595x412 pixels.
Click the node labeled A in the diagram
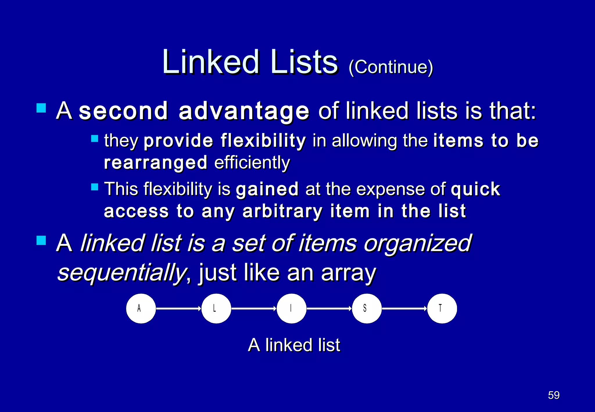(141, 308)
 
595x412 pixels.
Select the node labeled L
(216, 308)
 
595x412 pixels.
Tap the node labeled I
(291, 308)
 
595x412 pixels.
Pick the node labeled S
(367, 308)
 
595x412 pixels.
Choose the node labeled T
(442, 308)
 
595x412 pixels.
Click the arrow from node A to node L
(178, 308)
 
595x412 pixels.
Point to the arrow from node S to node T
(404, 308)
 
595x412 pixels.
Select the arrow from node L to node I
(254, 308)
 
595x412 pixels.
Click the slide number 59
(553, 395)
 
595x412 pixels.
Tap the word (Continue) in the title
(390, 67)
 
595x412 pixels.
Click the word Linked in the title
(211, 62)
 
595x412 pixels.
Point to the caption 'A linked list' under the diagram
(294, 345)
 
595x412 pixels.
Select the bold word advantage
(244, 112)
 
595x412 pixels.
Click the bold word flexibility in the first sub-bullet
(263, 141)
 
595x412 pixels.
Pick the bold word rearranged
(156, 163)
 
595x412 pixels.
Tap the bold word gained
(267, 189)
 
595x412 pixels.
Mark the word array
(348, 273)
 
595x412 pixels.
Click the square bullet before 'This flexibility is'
(95, 187)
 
